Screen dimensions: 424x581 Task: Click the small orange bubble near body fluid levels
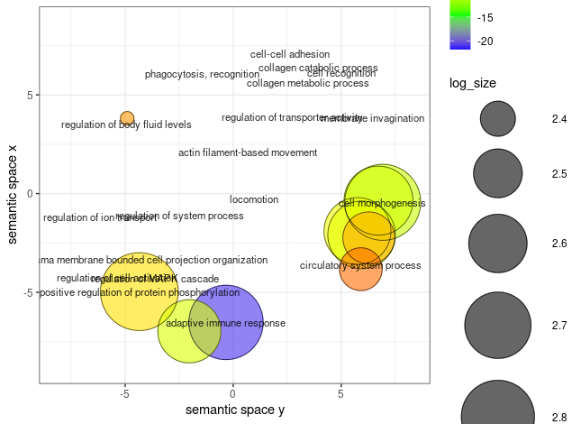pos(127,118)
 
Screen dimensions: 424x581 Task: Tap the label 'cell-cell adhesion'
pos(290,54)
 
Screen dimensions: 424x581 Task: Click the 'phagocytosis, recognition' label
pos(202,74)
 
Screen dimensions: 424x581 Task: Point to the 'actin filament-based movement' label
pos(248,152)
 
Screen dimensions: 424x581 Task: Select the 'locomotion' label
pos(254,199)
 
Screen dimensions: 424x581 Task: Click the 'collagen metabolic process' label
pos(307,83)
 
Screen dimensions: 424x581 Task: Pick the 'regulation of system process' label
pos(179,216)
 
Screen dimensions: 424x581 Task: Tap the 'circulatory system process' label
pos(360,265)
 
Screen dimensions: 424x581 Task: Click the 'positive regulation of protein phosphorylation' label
pos(140,292)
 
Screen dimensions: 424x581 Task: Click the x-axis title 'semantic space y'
pos(234,410)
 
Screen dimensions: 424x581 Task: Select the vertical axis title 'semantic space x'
pos(12,193)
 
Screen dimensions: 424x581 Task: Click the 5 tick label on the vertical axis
pos(29,95)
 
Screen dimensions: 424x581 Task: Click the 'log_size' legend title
pos(473,83)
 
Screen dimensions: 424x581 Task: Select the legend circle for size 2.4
pos(497,118)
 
